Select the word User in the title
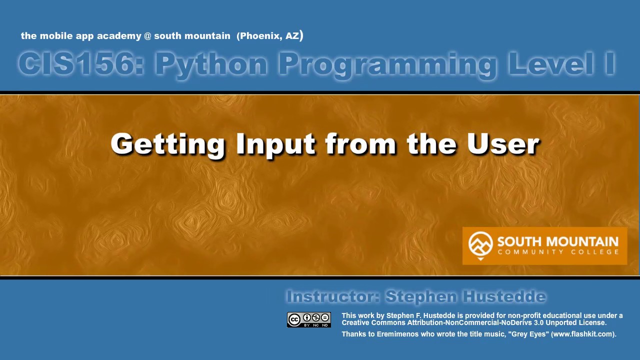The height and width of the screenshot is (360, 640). (503, 143)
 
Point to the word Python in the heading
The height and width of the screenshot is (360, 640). (211, 64)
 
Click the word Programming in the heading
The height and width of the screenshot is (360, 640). (387, 64)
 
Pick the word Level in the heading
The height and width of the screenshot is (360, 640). (545, 64)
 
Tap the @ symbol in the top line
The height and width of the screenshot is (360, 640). (147, 36)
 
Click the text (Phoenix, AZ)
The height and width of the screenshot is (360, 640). (270, 36)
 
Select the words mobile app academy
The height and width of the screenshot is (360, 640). (90, 36)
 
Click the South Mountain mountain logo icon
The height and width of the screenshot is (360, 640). (480, 244)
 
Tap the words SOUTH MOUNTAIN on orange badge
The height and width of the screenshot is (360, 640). (557, 241)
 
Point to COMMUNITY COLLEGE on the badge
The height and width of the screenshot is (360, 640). (557, 252)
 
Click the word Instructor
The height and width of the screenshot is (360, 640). (332, 296)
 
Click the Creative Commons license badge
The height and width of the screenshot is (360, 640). (308, 319)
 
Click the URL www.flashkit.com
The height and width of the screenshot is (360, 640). (583, 334)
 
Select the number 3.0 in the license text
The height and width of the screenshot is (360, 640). (539, 322)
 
